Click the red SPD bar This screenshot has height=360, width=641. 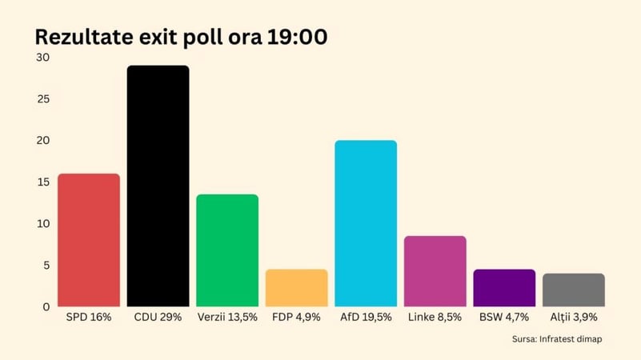(x=89, y=240)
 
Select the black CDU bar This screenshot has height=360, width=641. (x=158, y=186)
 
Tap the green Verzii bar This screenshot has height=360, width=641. (x=227, y=250)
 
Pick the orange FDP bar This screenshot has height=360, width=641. (x=296, y=288)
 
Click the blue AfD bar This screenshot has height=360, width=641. (x=366, y=223)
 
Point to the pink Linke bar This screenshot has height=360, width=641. (x=435, y=271)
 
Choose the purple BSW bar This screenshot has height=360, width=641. (x=504, y=288)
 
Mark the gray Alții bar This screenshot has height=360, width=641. (x=573, y=290)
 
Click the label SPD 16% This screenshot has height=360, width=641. (x=89, y=318)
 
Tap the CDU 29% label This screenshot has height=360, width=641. (x=158, y=318)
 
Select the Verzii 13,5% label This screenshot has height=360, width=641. (x=227, y=318)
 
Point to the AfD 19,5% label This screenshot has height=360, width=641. (x=366, y=318)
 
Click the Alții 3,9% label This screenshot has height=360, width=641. (x=573, y=318)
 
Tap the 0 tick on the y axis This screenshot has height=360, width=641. (x=46, y=306)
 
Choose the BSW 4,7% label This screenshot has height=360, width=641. (x=504, y=318)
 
